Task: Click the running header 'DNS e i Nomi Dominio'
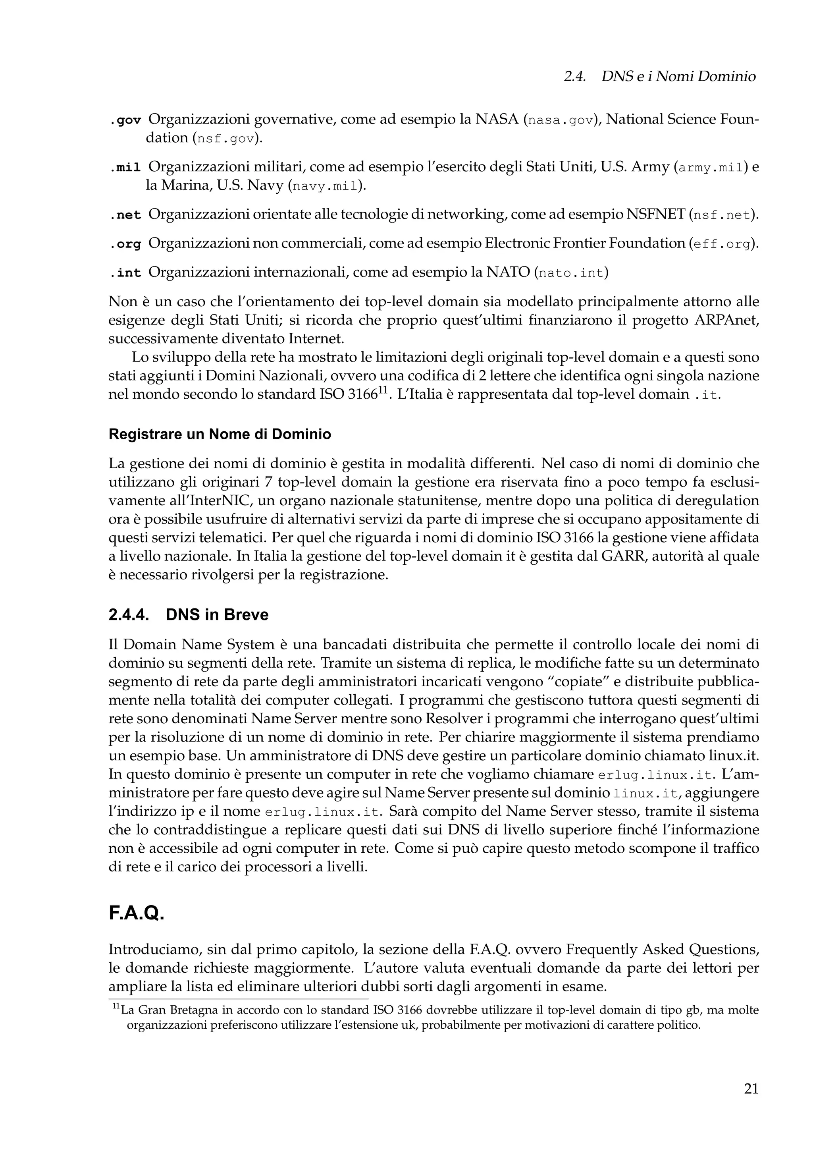pos(678,77)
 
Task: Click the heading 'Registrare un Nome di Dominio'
pos(220,434)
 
